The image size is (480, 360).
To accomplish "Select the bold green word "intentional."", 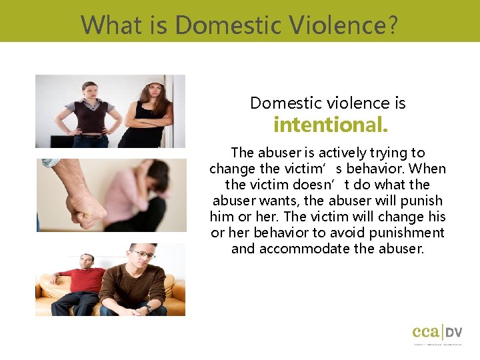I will tap(331, 125).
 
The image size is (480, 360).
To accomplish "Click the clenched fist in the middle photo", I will tap(85, 210).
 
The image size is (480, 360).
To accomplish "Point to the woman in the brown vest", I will tap(90, 113).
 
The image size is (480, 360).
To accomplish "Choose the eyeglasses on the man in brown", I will tap(144, 255).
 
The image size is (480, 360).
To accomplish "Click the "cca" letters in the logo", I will tap(425, 331).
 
